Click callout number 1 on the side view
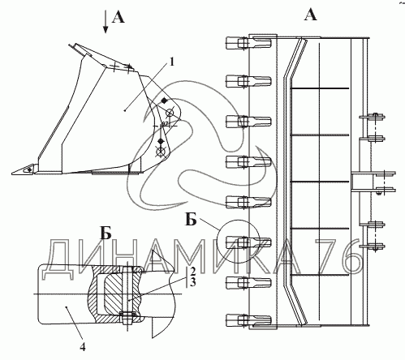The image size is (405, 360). tap(171, 62)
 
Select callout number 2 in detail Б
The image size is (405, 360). tap(192, 271)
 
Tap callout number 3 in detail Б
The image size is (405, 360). tap(192, 282)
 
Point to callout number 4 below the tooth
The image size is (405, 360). tap(83, 346)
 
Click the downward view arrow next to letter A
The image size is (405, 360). tap(106, 22)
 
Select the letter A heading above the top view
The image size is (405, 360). tap(310, 14)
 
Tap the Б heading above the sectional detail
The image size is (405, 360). tap(106, 233)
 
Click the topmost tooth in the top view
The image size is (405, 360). tap(248, 43)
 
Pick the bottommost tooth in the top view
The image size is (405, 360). tap(248, 319)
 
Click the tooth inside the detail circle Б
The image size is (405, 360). tap(248, 242)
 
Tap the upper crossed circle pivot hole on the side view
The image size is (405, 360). tap(170, 113)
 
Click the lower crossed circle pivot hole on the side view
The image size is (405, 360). tap(161, 152)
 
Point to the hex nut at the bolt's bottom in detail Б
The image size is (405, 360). tap(127, 318)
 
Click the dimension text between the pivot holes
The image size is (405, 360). tap(165, 123)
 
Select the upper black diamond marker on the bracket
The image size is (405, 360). tap(164, 101)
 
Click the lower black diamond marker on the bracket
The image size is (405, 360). tap(161, 141)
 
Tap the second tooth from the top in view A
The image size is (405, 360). tap(248, 80)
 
